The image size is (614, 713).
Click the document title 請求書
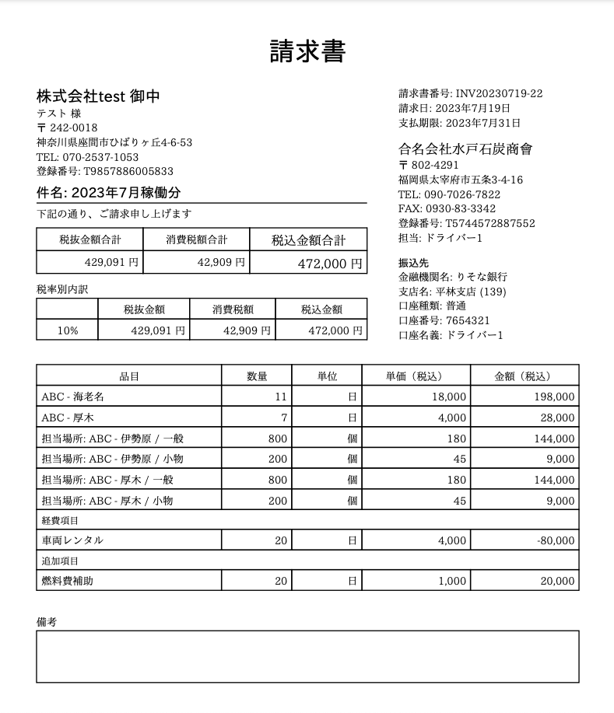307,51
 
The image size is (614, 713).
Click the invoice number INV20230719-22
499,93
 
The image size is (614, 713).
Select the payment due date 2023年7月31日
483,123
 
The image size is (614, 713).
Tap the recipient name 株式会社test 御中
99,96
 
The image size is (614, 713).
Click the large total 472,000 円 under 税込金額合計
330,264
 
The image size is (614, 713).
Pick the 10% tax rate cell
68,330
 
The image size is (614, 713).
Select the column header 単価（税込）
416,376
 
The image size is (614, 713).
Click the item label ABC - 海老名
72,397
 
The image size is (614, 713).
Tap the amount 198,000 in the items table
554,397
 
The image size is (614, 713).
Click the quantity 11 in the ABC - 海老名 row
281,397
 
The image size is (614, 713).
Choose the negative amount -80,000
555,540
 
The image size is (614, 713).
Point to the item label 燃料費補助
67,581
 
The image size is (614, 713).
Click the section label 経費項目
60,520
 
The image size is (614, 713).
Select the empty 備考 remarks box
307,656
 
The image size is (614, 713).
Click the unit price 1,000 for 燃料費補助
451,581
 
